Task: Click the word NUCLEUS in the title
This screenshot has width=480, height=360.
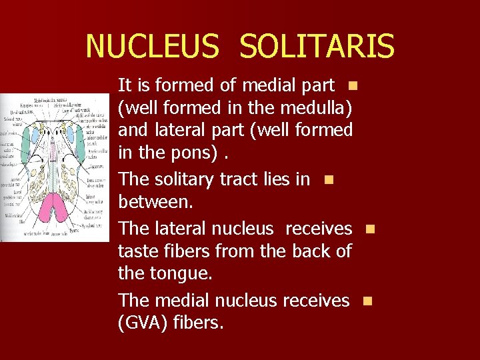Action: pyautogui.click(x=152, y=47)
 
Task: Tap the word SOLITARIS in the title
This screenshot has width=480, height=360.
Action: pyautogui.click(x=317, y=47)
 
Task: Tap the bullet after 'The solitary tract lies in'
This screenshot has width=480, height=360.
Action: pyautogui.click(x=327, y=179)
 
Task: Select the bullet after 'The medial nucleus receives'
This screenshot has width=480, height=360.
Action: pyautogui.click(x=366, y=301)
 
